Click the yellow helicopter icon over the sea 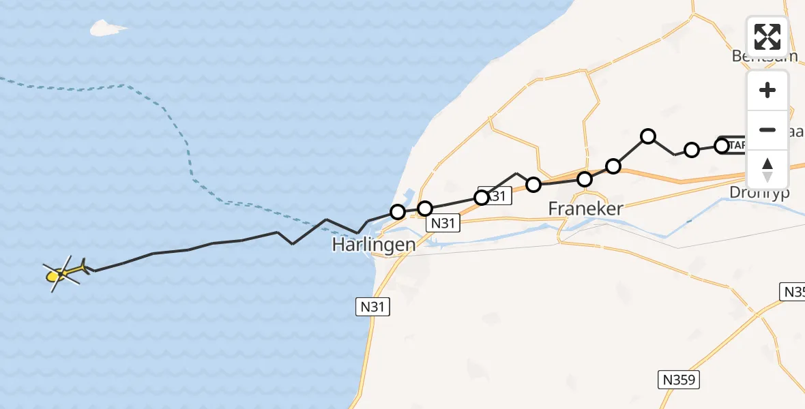tap(63, 273)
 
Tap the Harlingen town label tap(374, 244)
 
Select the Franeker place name tap(586, 209)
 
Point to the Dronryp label tap(759, 192)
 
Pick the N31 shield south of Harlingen tap(373, 307)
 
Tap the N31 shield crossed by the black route tap(496, 196)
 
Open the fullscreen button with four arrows tap(767, 36)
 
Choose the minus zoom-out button tap(767, 130)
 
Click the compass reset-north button tap(767, 169)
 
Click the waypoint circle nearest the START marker tap(721, 145)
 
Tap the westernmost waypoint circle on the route tap(398, 212)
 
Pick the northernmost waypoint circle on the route tap(648, 136)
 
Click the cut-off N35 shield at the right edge tap(793, 292)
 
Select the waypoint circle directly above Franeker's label tap(585, 179)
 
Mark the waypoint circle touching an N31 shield tap(482, 198)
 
